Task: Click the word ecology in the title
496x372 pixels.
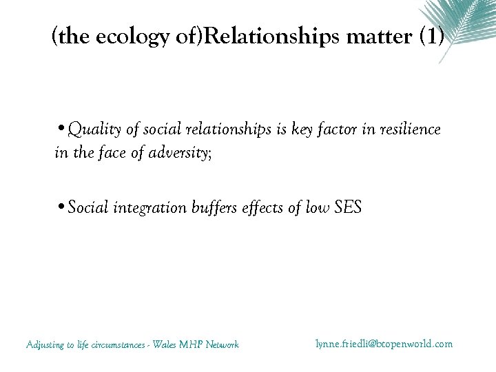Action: (114, 37)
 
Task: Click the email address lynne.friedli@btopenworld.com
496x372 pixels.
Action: (384, 343)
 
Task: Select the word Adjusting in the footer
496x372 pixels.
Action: (45, 345)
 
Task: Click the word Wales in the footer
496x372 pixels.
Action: (165, 344)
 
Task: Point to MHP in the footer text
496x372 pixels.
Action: (193, 344)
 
